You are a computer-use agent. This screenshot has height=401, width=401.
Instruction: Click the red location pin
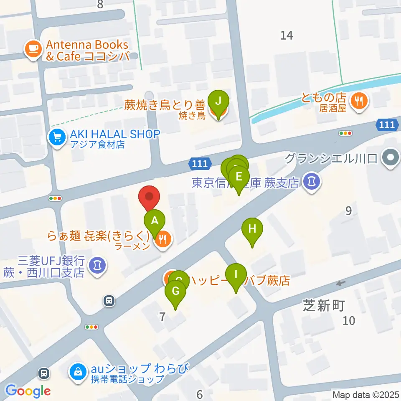(x=149, y=198)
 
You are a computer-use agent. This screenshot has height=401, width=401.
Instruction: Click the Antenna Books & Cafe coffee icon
(x=33, y=49)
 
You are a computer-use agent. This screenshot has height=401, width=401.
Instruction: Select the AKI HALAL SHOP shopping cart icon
(x=56, y=136)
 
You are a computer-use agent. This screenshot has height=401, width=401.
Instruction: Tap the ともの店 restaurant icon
(x=358, y=100)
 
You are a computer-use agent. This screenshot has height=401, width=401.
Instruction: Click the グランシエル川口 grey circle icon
(x=391, y=158)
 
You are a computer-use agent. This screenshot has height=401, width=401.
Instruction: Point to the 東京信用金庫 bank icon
(x=311, y=182)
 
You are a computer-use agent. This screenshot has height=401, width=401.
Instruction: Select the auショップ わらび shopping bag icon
(x=78, y=370)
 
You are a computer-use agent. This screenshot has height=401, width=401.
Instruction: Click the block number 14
(x=287, y=36)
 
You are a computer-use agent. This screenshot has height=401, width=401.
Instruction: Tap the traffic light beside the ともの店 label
(x=345, y=133)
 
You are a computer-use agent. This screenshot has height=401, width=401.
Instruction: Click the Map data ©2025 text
(x=365, y=394)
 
